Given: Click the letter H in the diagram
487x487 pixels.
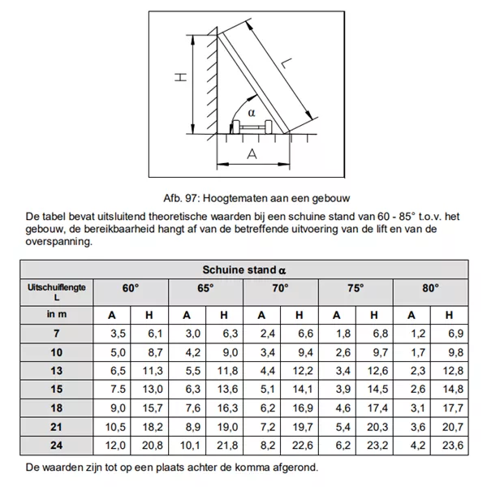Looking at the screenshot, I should (x=180, y=78).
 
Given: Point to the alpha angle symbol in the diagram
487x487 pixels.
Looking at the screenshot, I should (x=252, y=112).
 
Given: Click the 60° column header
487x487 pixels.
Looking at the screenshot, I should (x=131, y=288).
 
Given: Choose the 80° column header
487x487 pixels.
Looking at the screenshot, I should (x=430, y=288).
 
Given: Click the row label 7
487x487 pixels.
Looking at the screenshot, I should (x=57, y=334).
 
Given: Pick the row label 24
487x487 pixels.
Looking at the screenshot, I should (x=57, y=445).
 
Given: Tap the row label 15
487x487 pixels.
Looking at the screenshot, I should (x=57, y=389).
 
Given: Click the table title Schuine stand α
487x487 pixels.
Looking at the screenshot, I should (x=243, y=269).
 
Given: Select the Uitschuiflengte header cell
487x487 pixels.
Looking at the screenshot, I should (x=57, y=293).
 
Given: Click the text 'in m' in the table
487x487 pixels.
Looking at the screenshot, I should (x=57, y=315).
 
